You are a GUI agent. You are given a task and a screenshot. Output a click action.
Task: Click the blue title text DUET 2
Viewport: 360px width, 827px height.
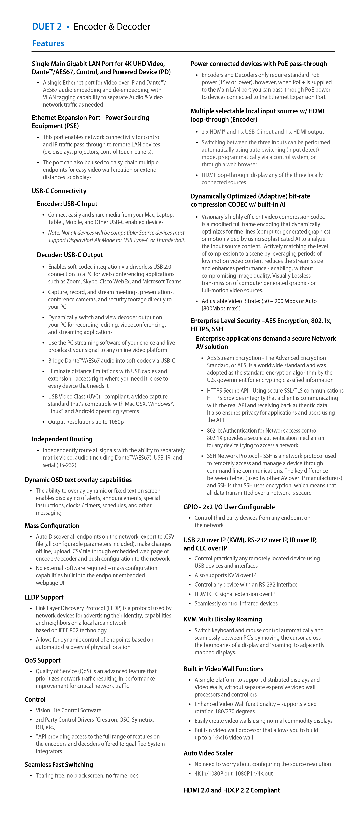47,27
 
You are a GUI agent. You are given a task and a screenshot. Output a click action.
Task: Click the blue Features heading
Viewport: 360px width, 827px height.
48,43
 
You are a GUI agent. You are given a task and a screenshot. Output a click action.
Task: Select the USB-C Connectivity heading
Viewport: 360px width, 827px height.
59,191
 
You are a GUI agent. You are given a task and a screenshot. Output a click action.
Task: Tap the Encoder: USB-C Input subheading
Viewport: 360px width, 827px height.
67,204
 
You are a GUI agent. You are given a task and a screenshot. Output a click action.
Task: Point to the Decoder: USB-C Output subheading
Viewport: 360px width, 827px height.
70,255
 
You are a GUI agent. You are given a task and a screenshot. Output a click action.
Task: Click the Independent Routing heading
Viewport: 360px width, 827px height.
62,439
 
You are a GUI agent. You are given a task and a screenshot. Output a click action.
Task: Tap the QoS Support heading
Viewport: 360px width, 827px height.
43,660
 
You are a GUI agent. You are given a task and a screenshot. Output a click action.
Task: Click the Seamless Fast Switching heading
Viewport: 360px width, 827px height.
59,765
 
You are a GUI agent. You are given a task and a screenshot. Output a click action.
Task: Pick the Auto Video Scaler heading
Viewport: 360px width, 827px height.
208,753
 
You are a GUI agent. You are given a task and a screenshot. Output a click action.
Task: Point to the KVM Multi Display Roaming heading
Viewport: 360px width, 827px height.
223,619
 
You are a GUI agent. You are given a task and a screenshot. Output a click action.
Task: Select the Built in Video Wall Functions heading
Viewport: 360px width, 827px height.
223,669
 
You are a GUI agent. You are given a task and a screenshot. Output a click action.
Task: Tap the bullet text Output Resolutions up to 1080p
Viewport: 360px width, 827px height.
86,422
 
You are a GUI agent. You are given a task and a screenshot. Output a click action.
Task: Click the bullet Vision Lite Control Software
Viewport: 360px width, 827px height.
68,711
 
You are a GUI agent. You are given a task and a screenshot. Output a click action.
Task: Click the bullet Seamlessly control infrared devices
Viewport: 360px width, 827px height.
236,603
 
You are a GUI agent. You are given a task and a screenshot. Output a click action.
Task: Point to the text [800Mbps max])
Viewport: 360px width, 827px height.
221,308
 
